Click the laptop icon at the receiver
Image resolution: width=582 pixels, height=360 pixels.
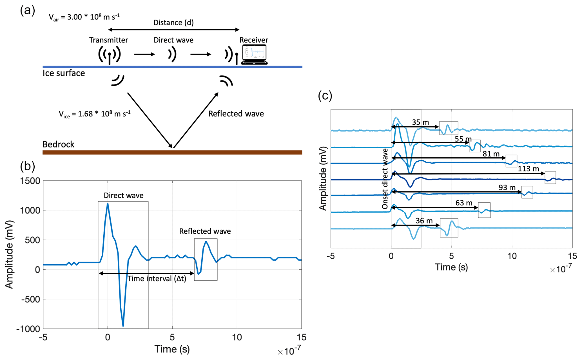(x=254, y=55)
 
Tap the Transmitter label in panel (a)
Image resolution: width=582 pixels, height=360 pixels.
(x=109, y=40)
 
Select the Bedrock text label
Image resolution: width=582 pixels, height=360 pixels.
(x=58, y=144)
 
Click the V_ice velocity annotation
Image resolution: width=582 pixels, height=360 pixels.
(x=95, y=114)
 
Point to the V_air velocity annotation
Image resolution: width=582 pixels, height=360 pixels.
(x=84, y=17)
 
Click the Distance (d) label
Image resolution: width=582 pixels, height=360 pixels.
(x=173, y=23)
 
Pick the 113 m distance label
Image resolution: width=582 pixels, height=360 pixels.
(x=528, y=169)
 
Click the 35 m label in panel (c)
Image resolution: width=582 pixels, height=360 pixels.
(x=420, y=122)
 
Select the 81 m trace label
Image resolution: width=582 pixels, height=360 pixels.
(x=491, y=154)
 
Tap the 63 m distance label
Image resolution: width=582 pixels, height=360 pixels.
(x=464, y=203)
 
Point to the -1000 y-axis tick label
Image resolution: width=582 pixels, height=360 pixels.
(x=28, y=329)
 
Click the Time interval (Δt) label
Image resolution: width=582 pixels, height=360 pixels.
(x=157, y=279)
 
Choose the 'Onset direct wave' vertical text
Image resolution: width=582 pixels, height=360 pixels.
(x=385, y=179)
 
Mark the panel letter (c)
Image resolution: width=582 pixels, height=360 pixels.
(x=325, y=96)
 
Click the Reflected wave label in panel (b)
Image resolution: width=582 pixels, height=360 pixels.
(x=205, y=231)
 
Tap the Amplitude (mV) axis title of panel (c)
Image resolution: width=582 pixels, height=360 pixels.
(x=323, y=178)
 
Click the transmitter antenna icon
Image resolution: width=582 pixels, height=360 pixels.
(x=110, y=55)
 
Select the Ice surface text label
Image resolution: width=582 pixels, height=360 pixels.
(x=64, y=73)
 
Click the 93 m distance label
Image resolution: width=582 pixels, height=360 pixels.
(x=507, y=187)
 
